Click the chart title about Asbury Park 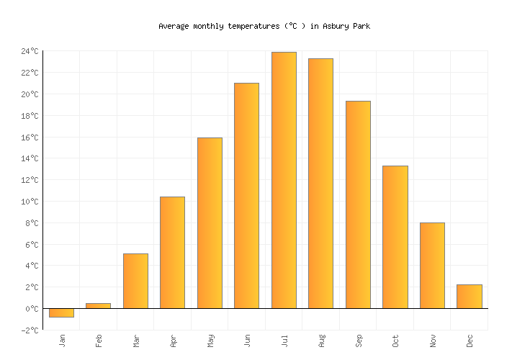[264, 26]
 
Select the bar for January [61, 312]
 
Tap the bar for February [99, 306]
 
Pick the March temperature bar [135, 281]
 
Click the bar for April [172, 253]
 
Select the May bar [210, 223]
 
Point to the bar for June [246, 196]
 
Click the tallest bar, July [284, 180]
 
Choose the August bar [320, 184]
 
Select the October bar [395, 237]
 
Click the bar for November [432, 266]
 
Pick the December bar [469, 297]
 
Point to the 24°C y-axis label [30, 51]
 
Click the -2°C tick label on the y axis [30, 330]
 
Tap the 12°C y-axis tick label [30, 180]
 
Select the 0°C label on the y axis [32, 309]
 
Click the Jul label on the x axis [284, 340]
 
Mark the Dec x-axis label [470, 340]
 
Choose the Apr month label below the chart [173, 340]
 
